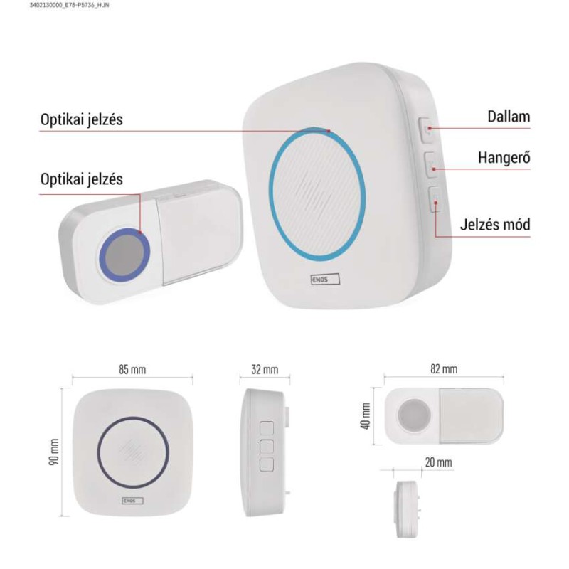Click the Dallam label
pos(509,117)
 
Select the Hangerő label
pos(504,158)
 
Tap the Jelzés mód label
pos(495,224)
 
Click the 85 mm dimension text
pos(132,369)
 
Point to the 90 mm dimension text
pos(54,452)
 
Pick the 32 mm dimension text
pos(265,369)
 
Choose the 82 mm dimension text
pos(444,368)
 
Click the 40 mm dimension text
pos(366,416)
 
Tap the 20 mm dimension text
pos(439,462)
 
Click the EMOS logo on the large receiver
pos(325,279)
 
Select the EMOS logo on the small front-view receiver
pos(132,501)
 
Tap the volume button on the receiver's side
pos(431,164)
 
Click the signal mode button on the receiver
pos(435,199)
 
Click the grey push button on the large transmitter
pos(125,255)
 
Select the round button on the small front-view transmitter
pos(414,415)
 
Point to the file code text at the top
pos(69,5)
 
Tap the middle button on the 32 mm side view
pos(267,447)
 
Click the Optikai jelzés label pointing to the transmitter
pos(82,179)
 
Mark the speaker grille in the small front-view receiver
pos(132,452)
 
